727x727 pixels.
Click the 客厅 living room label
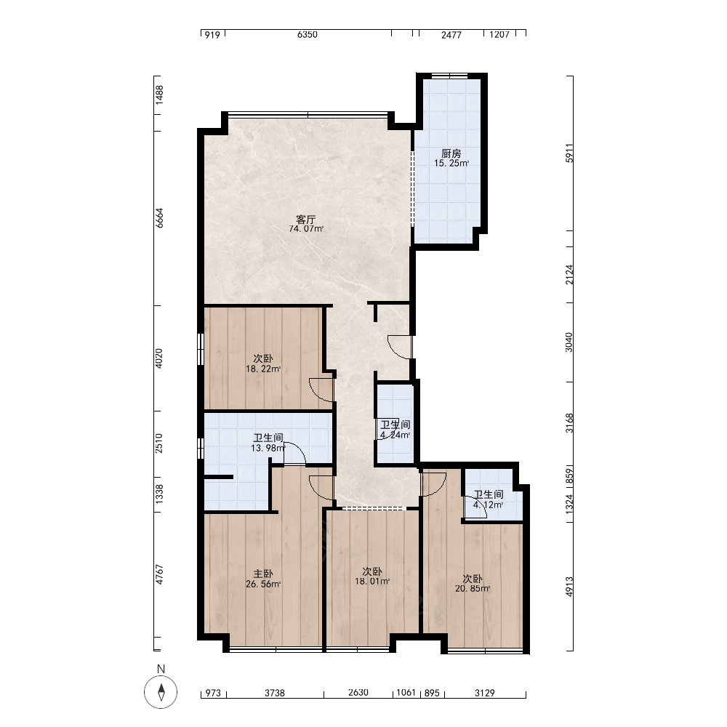[x=306, y=220]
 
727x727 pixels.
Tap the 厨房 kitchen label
[x=451, y=153]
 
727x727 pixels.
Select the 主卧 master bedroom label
[x=263, y=574]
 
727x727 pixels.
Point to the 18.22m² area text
[x=263, y=369]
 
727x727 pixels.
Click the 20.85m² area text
[x=473, y=588]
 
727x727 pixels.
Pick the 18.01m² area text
[x=372, y=581]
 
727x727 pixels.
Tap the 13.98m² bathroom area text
[x=268, y=448]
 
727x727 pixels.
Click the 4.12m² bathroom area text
[x=489, y=505]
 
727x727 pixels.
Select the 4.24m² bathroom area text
[x=395, y=435]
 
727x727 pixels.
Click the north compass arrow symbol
[x=161, y=692]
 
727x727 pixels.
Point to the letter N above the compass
[x=161, y=669]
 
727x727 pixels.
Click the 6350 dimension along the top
[x=308, y=34]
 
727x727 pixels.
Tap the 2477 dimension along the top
[x=451, y=34]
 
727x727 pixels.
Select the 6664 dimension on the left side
[x=159, y=218]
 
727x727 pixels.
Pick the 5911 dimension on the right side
[x=569, y=153]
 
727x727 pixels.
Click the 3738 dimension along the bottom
[x=275, y=693]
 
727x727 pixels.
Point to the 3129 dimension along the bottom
[x=484, y=693]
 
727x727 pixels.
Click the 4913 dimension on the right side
[x=569, y=587]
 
